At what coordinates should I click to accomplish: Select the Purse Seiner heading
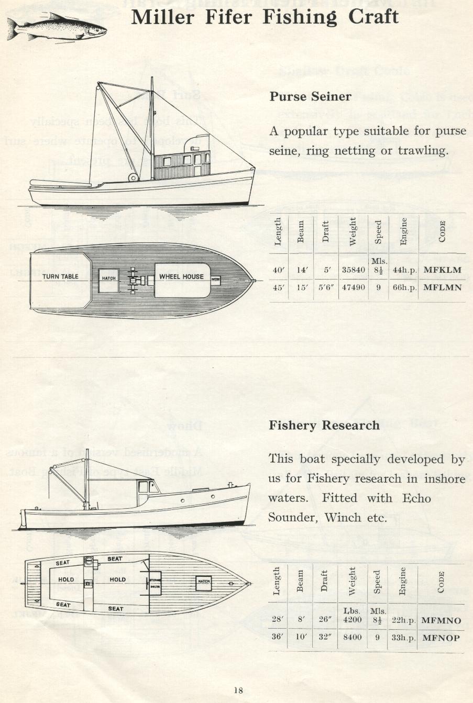click(x=310, y=97)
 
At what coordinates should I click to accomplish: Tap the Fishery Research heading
click(x=324, y=426)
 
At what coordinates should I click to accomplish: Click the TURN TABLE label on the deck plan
click(x=60, y=276)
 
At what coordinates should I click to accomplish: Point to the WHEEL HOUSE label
click(x=181, y=276)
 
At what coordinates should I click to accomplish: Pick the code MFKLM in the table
click(x=442, y=270)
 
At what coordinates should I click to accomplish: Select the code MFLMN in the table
click(x=442, y=287)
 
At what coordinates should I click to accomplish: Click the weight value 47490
click(x=353, y=287)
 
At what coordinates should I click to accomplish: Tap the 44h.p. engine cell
click(x=403, y=270)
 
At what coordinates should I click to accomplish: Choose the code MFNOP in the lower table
click(x=441, y=638)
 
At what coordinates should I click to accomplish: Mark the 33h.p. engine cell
click(x=403, y=638)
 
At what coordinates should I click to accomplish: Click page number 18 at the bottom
click(x=238, y=690)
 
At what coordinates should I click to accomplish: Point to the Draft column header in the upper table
click(x=326, y=232)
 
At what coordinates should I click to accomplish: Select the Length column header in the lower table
click(x=277, y=581)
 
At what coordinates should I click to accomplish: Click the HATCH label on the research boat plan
click(x=204, y=581)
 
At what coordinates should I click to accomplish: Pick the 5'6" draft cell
click(x=325, y=287)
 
